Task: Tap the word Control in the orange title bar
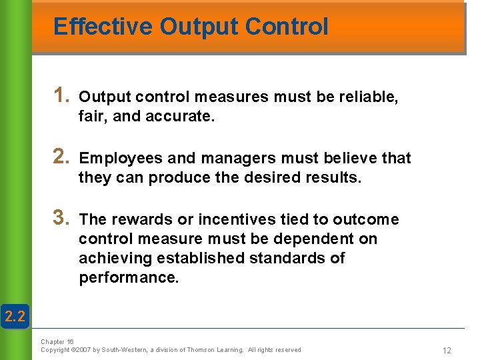(x=287, y=27)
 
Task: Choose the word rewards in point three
(x=137, y=220)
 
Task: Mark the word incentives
(x=234, y=220)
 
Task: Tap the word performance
(x=129, y=278)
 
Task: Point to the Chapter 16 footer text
(x=57, y=342)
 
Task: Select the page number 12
(x=446, y=350)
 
